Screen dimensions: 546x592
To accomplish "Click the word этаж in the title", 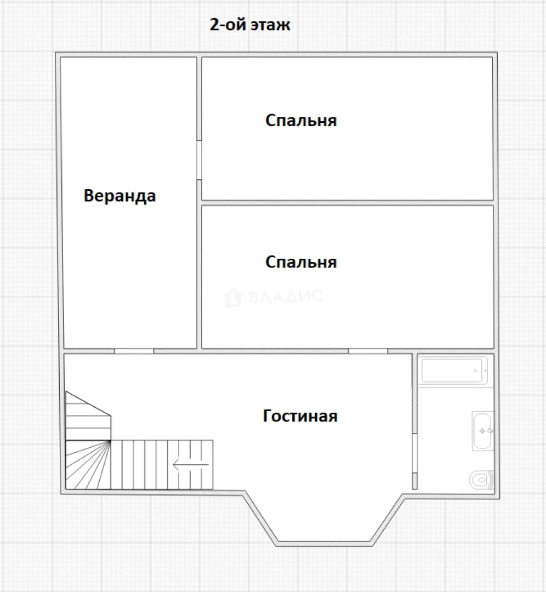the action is point(271,25).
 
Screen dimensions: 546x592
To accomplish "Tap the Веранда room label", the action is point(120,196).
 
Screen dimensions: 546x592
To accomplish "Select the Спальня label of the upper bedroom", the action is point(301,121).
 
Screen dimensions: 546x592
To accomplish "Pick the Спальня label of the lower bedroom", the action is point(301,262).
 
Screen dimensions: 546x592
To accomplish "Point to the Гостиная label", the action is point(300,415).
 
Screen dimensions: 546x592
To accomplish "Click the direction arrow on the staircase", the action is point(191,464).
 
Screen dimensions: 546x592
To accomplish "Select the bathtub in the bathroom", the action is point(453,371).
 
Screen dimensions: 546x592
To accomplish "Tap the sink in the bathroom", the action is point(482,431).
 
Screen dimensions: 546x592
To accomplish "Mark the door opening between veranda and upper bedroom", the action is point(199,161).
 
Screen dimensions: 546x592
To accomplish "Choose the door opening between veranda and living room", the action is point(134,351).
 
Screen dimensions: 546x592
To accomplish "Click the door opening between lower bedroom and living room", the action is point(368,351).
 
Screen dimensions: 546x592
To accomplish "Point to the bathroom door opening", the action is point(414,453).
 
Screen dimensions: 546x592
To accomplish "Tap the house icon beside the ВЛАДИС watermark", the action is point(232,297).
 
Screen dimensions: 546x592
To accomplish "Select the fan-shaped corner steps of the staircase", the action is point(88,465).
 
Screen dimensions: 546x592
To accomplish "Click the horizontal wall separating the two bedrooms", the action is point(348,203).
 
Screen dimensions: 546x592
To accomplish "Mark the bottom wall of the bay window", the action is point(325,544).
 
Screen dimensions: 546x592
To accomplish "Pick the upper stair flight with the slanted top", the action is point(88,415).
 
